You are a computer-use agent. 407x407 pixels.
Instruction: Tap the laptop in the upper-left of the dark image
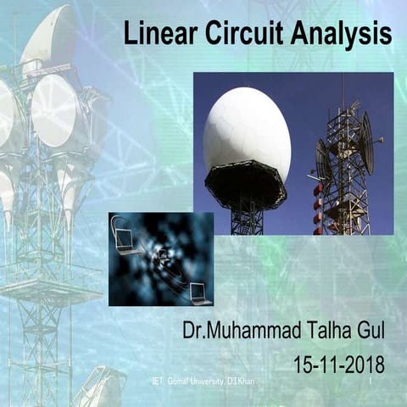[124, 239]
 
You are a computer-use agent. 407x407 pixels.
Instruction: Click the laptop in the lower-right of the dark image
[200, 293]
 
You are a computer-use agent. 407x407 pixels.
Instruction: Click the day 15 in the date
[304, 365]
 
